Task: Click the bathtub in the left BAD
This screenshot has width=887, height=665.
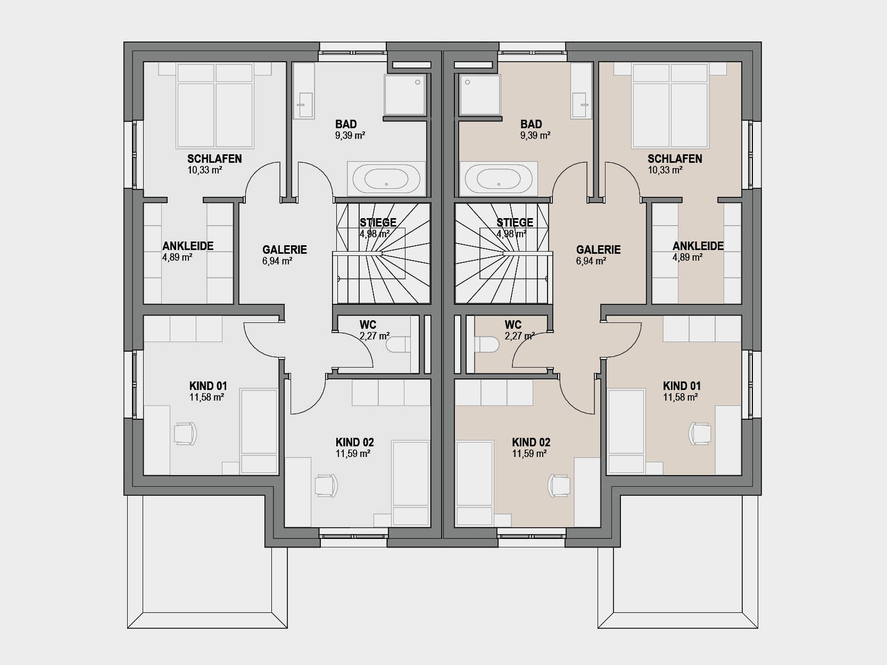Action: point(386,179)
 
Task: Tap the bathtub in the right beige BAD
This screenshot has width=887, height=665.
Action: point(499,179)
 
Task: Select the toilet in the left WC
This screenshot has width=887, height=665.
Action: point(399,345)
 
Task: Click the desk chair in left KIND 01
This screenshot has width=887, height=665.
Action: point(186,434)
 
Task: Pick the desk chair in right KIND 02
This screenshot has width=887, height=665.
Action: point(559,486)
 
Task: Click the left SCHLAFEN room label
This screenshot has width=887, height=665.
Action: point(214,159)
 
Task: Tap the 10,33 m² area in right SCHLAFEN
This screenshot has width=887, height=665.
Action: point(665,170)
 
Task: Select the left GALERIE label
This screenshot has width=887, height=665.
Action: point(285,250)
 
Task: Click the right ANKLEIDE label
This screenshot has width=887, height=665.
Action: point(698,246)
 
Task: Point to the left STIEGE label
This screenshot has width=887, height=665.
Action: point(378,222)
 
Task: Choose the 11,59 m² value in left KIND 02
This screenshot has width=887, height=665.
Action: point(353,454)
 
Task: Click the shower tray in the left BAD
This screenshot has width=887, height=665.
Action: point(405,95)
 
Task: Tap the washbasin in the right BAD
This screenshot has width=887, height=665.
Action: point(579,105)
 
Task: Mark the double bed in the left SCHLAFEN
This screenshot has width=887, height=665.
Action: point(214,106)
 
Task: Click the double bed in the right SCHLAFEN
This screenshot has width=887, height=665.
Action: point(670,106)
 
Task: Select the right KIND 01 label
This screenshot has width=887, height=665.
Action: point(682,386)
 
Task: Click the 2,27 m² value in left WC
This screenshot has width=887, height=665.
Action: point(375,336)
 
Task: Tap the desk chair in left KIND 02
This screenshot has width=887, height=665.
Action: point(326,486)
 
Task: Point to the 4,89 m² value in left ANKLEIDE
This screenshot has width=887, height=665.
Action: point(177,257)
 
